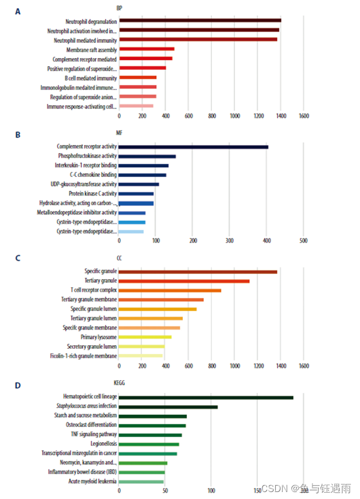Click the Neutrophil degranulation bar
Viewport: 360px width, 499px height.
pos(200,21)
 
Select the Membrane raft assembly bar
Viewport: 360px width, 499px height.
pos(146,49)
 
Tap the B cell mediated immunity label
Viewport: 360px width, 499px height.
pos(91,78)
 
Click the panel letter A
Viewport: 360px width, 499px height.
pos(18,11)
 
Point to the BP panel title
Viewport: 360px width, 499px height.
pos(119,8)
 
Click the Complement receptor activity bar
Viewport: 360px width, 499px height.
pos(193,147)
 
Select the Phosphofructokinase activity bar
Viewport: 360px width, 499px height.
pos(147,156)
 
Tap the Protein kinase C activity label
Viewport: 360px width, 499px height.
pos(93,193)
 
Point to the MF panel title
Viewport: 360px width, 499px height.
pos(120,132)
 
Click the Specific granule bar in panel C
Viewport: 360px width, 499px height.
pos(198,272)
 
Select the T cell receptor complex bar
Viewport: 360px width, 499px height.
pos(170,290)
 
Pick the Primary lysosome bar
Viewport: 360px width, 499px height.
pos(145,337)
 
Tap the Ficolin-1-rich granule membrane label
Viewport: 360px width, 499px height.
pos(84,356)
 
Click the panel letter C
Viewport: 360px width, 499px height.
pos(18,259)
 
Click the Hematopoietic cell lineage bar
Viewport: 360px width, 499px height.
pos(206,397)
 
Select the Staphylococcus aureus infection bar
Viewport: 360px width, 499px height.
pos(168,407)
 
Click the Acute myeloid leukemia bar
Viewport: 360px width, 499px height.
pos(141,482)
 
